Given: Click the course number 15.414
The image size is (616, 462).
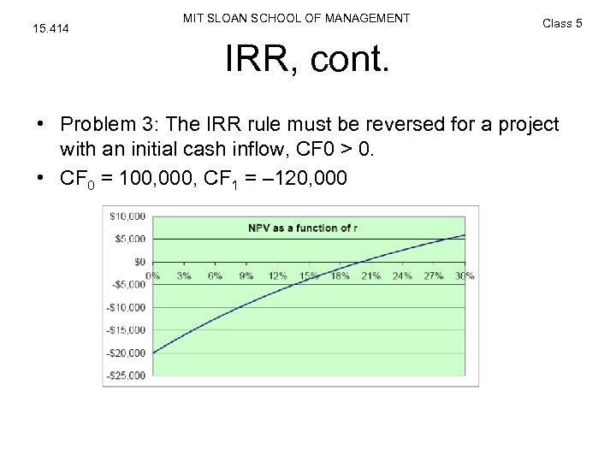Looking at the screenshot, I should click(x=50, y=29).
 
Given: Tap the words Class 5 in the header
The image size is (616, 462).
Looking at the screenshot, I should click(x=562, y=23).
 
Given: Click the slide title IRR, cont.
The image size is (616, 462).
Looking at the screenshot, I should click(x=307, y=59).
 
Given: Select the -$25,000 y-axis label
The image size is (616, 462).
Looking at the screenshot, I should click(x=126, y=375).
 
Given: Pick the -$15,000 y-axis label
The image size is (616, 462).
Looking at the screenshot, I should click(x=126, y=329).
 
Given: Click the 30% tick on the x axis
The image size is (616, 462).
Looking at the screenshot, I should click(x=465, y=275).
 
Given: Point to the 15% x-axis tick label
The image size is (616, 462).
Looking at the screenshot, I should click(x=308, y=275).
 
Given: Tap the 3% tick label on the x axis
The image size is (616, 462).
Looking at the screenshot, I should click(x=183, y=275).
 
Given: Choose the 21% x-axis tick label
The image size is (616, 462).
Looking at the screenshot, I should click(x=370, y=275).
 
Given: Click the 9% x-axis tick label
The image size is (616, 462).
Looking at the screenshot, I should click(x=246, y=275).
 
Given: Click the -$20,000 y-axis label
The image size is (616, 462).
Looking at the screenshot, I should click(x=126, y=352).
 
